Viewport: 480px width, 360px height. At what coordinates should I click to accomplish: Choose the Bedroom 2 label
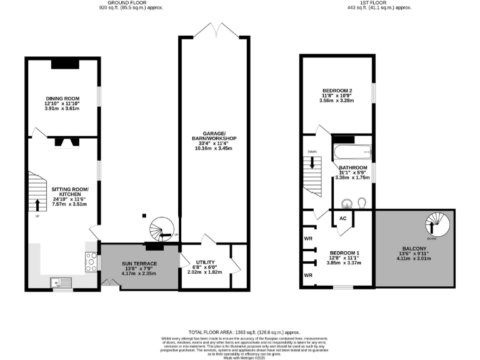tap(336, 90)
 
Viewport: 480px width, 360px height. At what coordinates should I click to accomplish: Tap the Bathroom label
tap(352, 168)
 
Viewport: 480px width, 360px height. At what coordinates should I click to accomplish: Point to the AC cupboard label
tap(342, 219)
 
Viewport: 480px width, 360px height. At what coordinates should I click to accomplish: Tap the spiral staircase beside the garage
tap(164, 229)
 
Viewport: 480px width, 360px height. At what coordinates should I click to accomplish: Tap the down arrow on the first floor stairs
tap(312, 166)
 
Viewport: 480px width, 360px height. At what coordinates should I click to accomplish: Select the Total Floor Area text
tap(239, 332)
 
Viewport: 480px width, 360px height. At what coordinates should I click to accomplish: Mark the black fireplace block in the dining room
tap(65, 62)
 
